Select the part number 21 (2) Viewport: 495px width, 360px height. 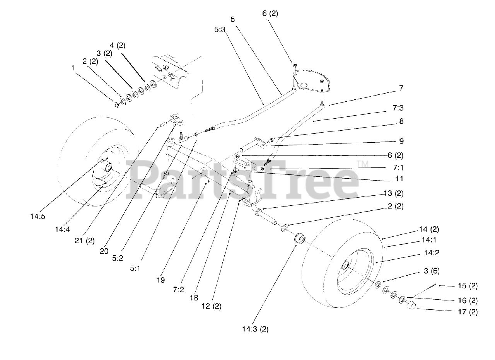pos(84,241)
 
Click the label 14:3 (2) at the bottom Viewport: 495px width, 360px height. pos(255,329)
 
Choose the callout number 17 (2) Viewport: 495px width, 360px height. pos(467,312)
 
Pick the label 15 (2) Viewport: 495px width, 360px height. pos(467,286)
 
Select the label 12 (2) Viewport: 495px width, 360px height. pos(211,307)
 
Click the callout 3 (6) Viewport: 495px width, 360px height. pos(431,271)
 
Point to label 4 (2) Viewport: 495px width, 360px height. pos(117,45)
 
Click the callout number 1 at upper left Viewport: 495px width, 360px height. pos(72,68)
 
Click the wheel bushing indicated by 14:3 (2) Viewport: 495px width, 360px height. pos(299,239)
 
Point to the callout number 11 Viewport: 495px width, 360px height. pos(399,179)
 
